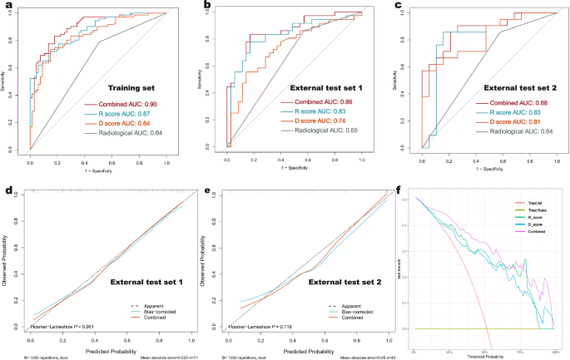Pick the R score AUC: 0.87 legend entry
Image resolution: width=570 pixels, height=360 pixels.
133,114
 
